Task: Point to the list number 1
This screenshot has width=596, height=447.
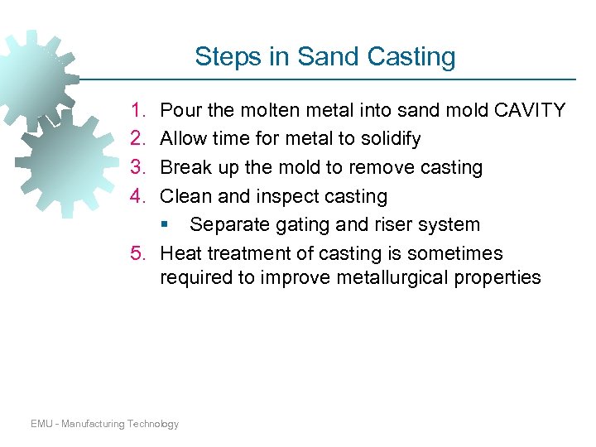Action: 137,110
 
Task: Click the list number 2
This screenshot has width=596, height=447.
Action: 137,138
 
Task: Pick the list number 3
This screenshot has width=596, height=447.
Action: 137,167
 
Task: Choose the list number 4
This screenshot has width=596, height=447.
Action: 137,196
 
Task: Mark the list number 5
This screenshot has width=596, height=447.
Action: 137,253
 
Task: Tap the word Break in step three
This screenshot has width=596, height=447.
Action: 185,167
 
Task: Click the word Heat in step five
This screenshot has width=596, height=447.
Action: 181,253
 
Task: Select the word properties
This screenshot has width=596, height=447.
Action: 498,277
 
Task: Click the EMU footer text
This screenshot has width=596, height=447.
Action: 104,424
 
